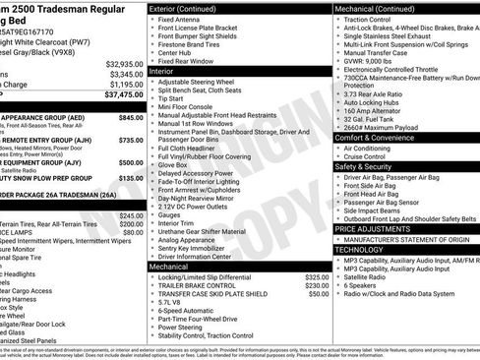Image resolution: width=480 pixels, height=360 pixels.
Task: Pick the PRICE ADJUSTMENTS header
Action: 373,228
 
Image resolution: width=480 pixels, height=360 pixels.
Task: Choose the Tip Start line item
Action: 170,98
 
